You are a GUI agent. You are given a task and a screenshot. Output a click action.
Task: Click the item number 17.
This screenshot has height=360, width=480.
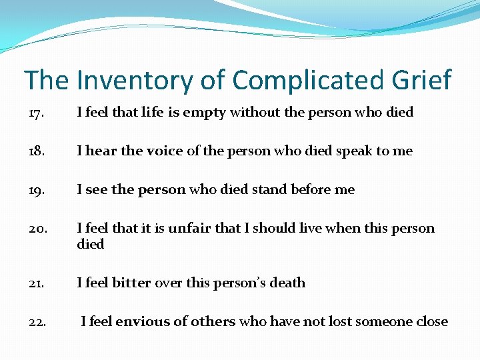37,113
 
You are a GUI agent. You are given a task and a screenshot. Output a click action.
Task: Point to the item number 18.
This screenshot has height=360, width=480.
37,151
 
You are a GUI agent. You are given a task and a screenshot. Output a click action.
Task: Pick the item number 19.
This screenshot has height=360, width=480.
37,190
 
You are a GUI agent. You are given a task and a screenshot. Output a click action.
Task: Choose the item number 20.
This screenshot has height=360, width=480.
38,229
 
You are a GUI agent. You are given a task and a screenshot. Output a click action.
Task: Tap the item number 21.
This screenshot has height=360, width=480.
37,283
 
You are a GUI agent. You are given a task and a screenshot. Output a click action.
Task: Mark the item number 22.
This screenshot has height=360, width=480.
38,322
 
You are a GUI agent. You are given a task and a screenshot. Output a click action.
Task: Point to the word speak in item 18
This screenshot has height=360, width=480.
354,151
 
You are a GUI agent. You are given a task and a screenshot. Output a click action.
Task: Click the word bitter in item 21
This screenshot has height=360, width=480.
132,283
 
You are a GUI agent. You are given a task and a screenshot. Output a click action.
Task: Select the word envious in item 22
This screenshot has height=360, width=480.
142,322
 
